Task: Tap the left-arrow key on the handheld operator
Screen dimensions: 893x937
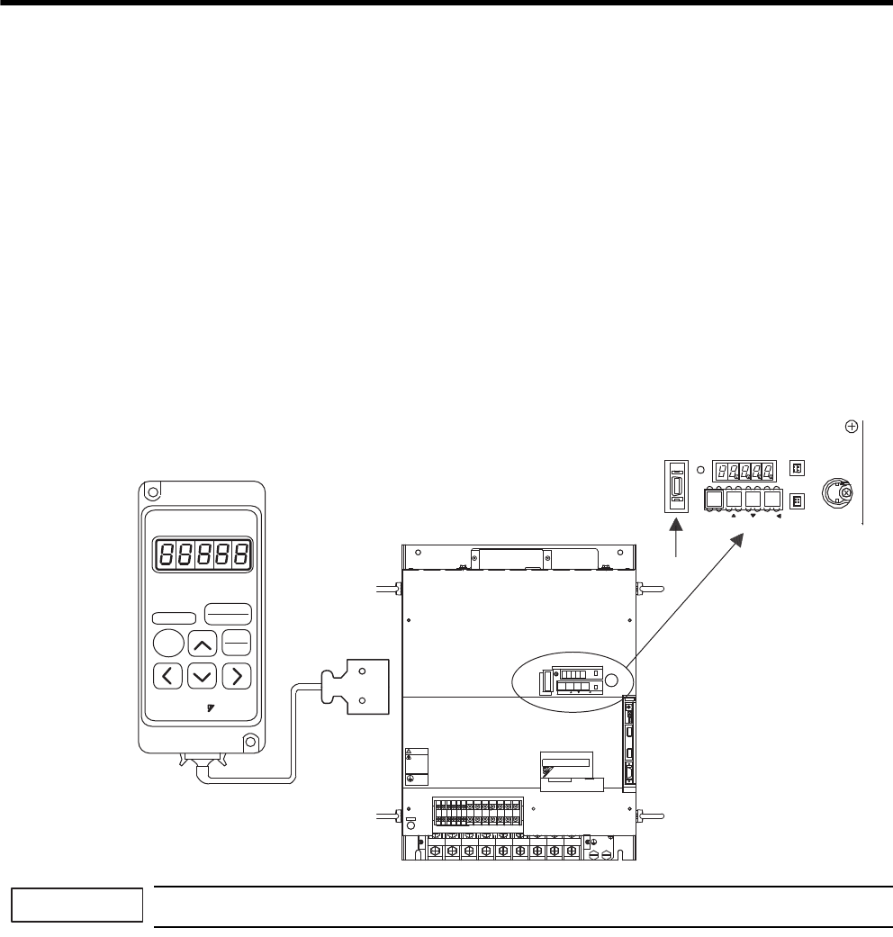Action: tap(166, 675)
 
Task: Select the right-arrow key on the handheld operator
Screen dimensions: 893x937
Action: tap(236, 675)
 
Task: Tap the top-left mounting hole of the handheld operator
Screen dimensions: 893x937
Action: tap(153, 493)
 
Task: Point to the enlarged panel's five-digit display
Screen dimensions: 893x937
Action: tap(744, 470)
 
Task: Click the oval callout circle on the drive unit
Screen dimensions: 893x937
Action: tap(574, 679)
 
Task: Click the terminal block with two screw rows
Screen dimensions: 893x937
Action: tap(476, 811)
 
